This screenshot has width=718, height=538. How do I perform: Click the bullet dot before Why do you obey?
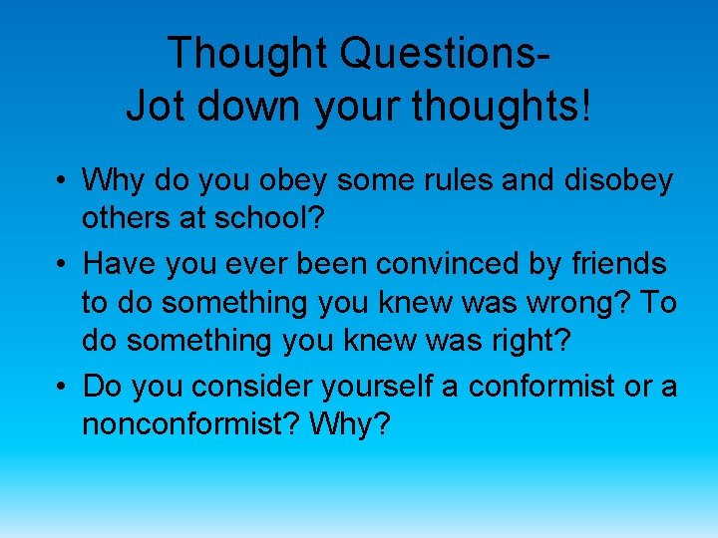point(62,182)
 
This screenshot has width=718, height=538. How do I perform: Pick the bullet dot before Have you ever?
point(62,265)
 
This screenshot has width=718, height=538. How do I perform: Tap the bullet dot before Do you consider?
point(62,387)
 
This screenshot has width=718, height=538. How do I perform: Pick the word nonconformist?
point(191,426)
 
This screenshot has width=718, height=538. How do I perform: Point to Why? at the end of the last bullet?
point(350,426)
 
